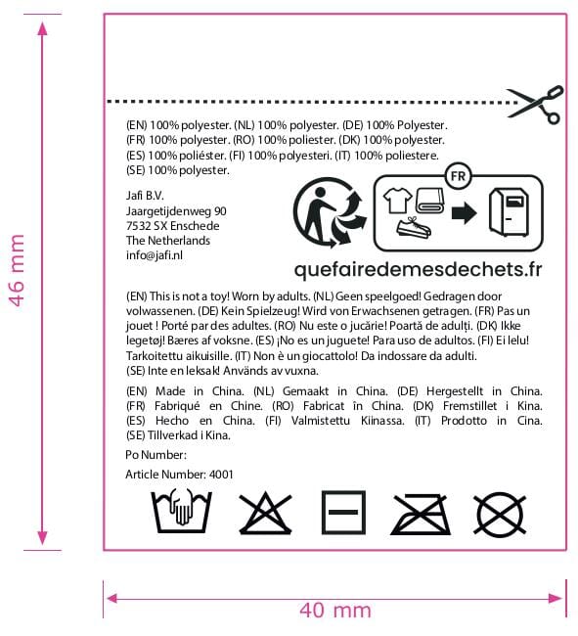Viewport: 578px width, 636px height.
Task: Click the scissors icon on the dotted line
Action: tap(535, 105)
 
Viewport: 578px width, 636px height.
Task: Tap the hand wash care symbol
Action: tap(181, 512)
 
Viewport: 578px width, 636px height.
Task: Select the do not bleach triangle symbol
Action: tap(265, 513)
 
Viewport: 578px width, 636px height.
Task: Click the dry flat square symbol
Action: tap(343, 513)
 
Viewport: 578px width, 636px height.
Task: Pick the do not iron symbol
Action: tap(420, 515)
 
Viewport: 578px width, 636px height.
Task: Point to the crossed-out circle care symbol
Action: tap(500, 514)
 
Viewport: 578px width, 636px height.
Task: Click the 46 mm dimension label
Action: tap(17, 270)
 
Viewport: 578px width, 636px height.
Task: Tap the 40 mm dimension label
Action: tap(335, 611)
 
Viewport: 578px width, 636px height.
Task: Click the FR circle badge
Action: tap(458, 176)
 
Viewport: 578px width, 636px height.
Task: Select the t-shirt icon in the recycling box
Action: tap(397, 200)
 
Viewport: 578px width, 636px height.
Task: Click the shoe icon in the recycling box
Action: tap(414, 228)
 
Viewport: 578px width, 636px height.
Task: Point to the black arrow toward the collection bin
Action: tap(464, 213)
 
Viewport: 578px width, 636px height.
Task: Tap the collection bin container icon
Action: tap(509, 211)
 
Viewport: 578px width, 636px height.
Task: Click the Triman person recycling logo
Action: tap(330, 213)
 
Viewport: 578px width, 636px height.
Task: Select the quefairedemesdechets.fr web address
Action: tap(418, 269)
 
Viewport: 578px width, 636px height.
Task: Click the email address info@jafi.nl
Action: tap(154, 255)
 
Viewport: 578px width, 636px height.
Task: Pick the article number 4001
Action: tap(221, 475)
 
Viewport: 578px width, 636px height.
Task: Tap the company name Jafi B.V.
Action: tap(145, 196)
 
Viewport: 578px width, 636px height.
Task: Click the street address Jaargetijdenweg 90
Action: tap(176, 211)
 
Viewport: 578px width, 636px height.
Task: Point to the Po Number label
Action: tap(156, 455)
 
